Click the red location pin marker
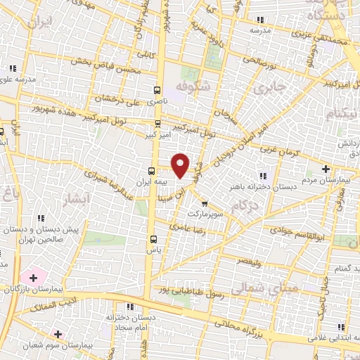tap(181, 165)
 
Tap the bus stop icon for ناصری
tap(157, 90)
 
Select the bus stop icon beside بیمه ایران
tap(152, 171)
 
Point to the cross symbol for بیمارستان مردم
tap(326, 169)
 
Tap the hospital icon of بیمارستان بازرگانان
tap(33, 278)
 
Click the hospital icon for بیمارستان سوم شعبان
tap(58, 333)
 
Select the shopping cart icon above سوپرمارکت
tap(205, 203)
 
